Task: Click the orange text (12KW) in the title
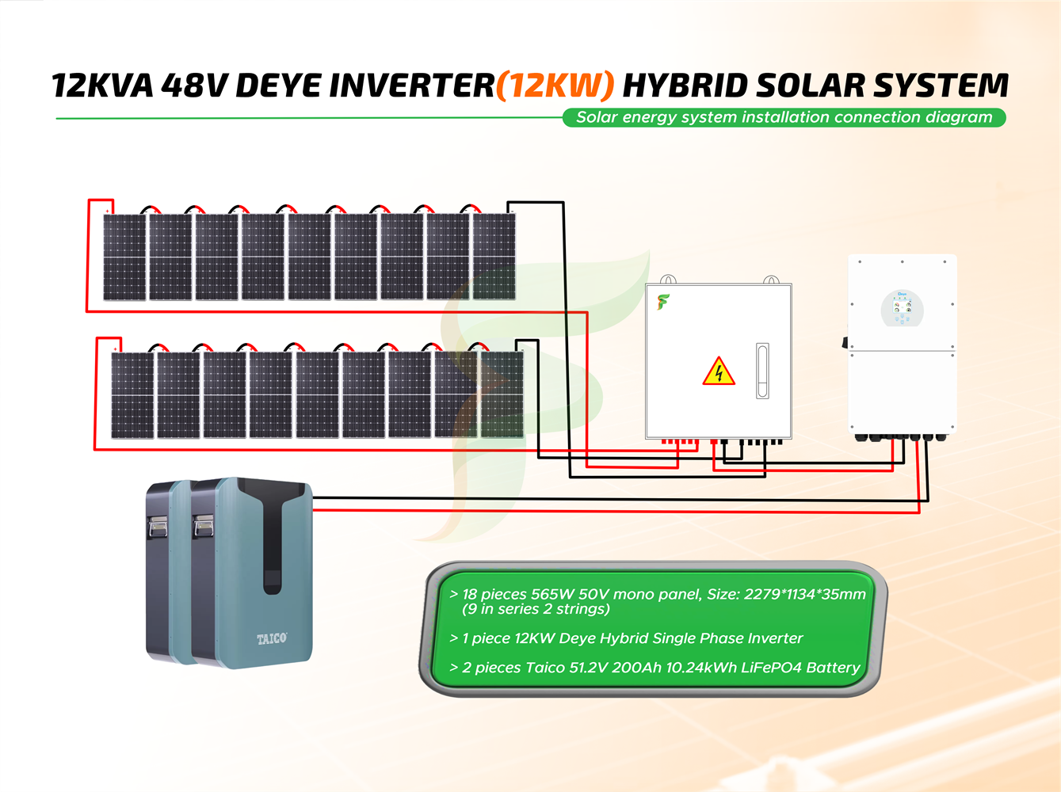pyautogui.click(x=555, y=86)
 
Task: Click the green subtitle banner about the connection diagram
pyautogui.click(x=784, y=117)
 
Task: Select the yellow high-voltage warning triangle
pyautogui.click(x=719, y=372)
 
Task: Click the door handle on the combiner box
pyautogui.click(x=762, y=370)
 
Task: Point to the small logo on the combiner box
pyautogui.click(x=663, y=302)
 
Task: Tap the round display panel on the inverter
pyautogui.click(x=902, y=309)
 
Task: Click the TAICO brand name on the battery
pyautogui.click(x=272, y=638)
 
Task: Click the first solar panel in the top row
pyautogui.click(x=124, y=257)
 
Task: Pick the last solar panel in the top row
pyautogui.click(x=494, y=257)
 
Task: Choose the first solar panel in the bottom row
pyautogui.click(x=132, y=394)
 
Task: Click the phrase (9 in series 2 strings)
pyautogui.click(x=536, y=609)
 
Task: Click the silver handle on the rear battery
pyautogui.click(x=158, y=527)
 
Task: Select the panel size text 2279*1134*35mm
pyautogui.click(x=804, y=595)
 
